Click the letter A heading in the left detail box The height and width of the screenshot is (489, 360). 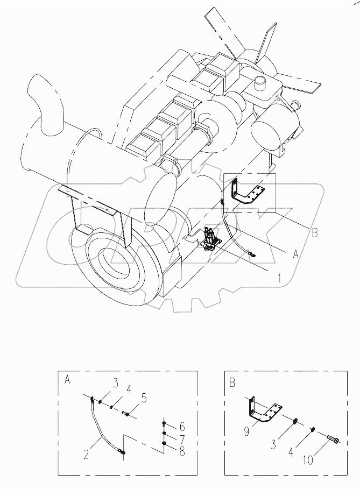coord(67,380)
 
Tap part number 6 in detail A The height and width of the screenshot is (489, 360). coord(182,426)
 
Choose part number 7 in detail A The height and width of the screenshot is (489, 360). coord(182,439)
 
